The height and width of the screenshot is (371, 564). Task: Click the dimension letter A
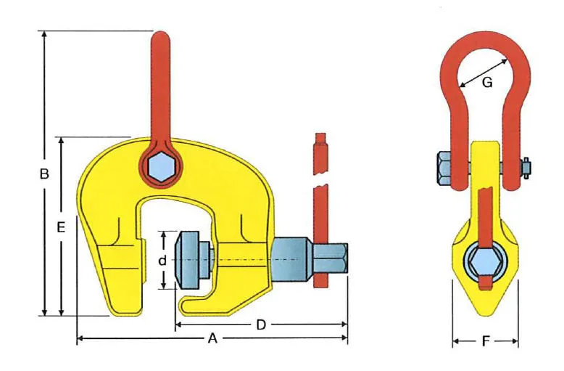pyautogui.click(x=212, y=338)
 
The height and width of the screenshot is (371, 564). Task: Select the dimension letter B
pyautogui.click(x=44, y=174)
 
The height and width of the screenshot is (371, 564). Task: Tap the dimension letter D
pyautogui.click(x=261, y=325)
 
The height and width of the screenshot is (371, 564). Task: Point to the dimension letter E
pyautogui.click(x=61, y=228)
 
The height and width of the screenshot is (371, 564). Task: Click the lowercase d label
pyautogui.click(x=162, y=260)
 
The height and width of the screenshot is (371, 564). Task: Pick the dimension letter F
pyautogui.click(x=486, y=341)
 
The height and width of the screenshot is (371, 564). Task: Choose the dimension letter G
pyautogui.click(x=487, y=83)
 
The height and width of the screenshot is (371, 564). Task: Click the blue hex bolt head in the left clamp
pyautogui.click(x=161, y=167)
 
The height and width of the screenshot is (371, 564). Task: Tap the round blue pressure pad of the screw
pyautogui.click(x=187, y=260)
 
